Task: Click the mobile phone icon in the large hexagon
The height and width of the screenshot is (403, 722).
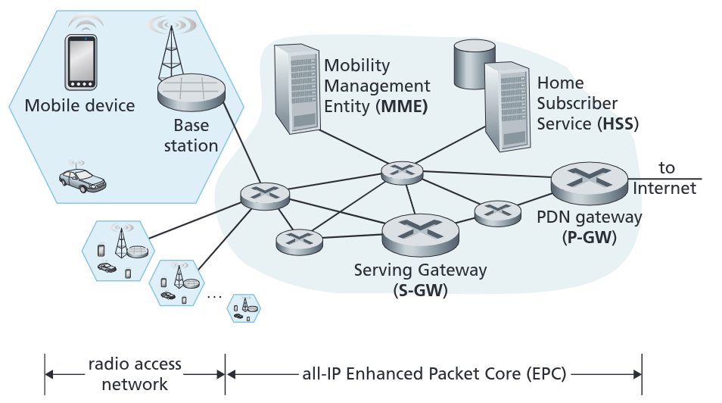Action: pos(82,62)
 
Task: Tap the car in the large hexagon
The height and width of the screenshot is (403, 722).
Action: pos(82,180)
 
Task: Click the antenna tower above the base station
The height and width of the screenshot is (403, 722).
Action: pos(170,50)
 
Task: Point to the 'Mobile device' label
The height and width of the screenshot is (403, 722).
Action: pos(79,105)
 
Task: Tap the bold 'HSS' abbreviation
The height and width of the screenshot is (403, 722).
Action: pos(618,124)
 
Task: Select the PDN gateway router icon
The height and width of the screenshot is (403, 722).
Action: pos(589,181)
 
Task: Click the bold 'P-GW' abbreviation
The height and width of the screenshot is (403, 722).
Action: pos(589,237)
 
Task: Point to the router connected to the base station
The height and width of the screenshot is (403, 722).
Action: pos(264,195)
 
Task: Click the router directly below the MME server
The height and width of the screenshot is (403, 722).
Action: pos(401,172)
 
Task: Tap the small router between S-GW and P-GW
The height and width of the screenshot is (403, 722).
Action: pos(496,211)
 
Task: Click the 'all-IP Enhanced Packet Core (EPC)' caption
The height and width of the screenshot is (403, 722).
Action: pos(434,373)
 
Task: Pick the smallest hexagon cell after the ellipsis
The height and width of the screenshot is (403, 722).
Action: pos(244,308)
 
